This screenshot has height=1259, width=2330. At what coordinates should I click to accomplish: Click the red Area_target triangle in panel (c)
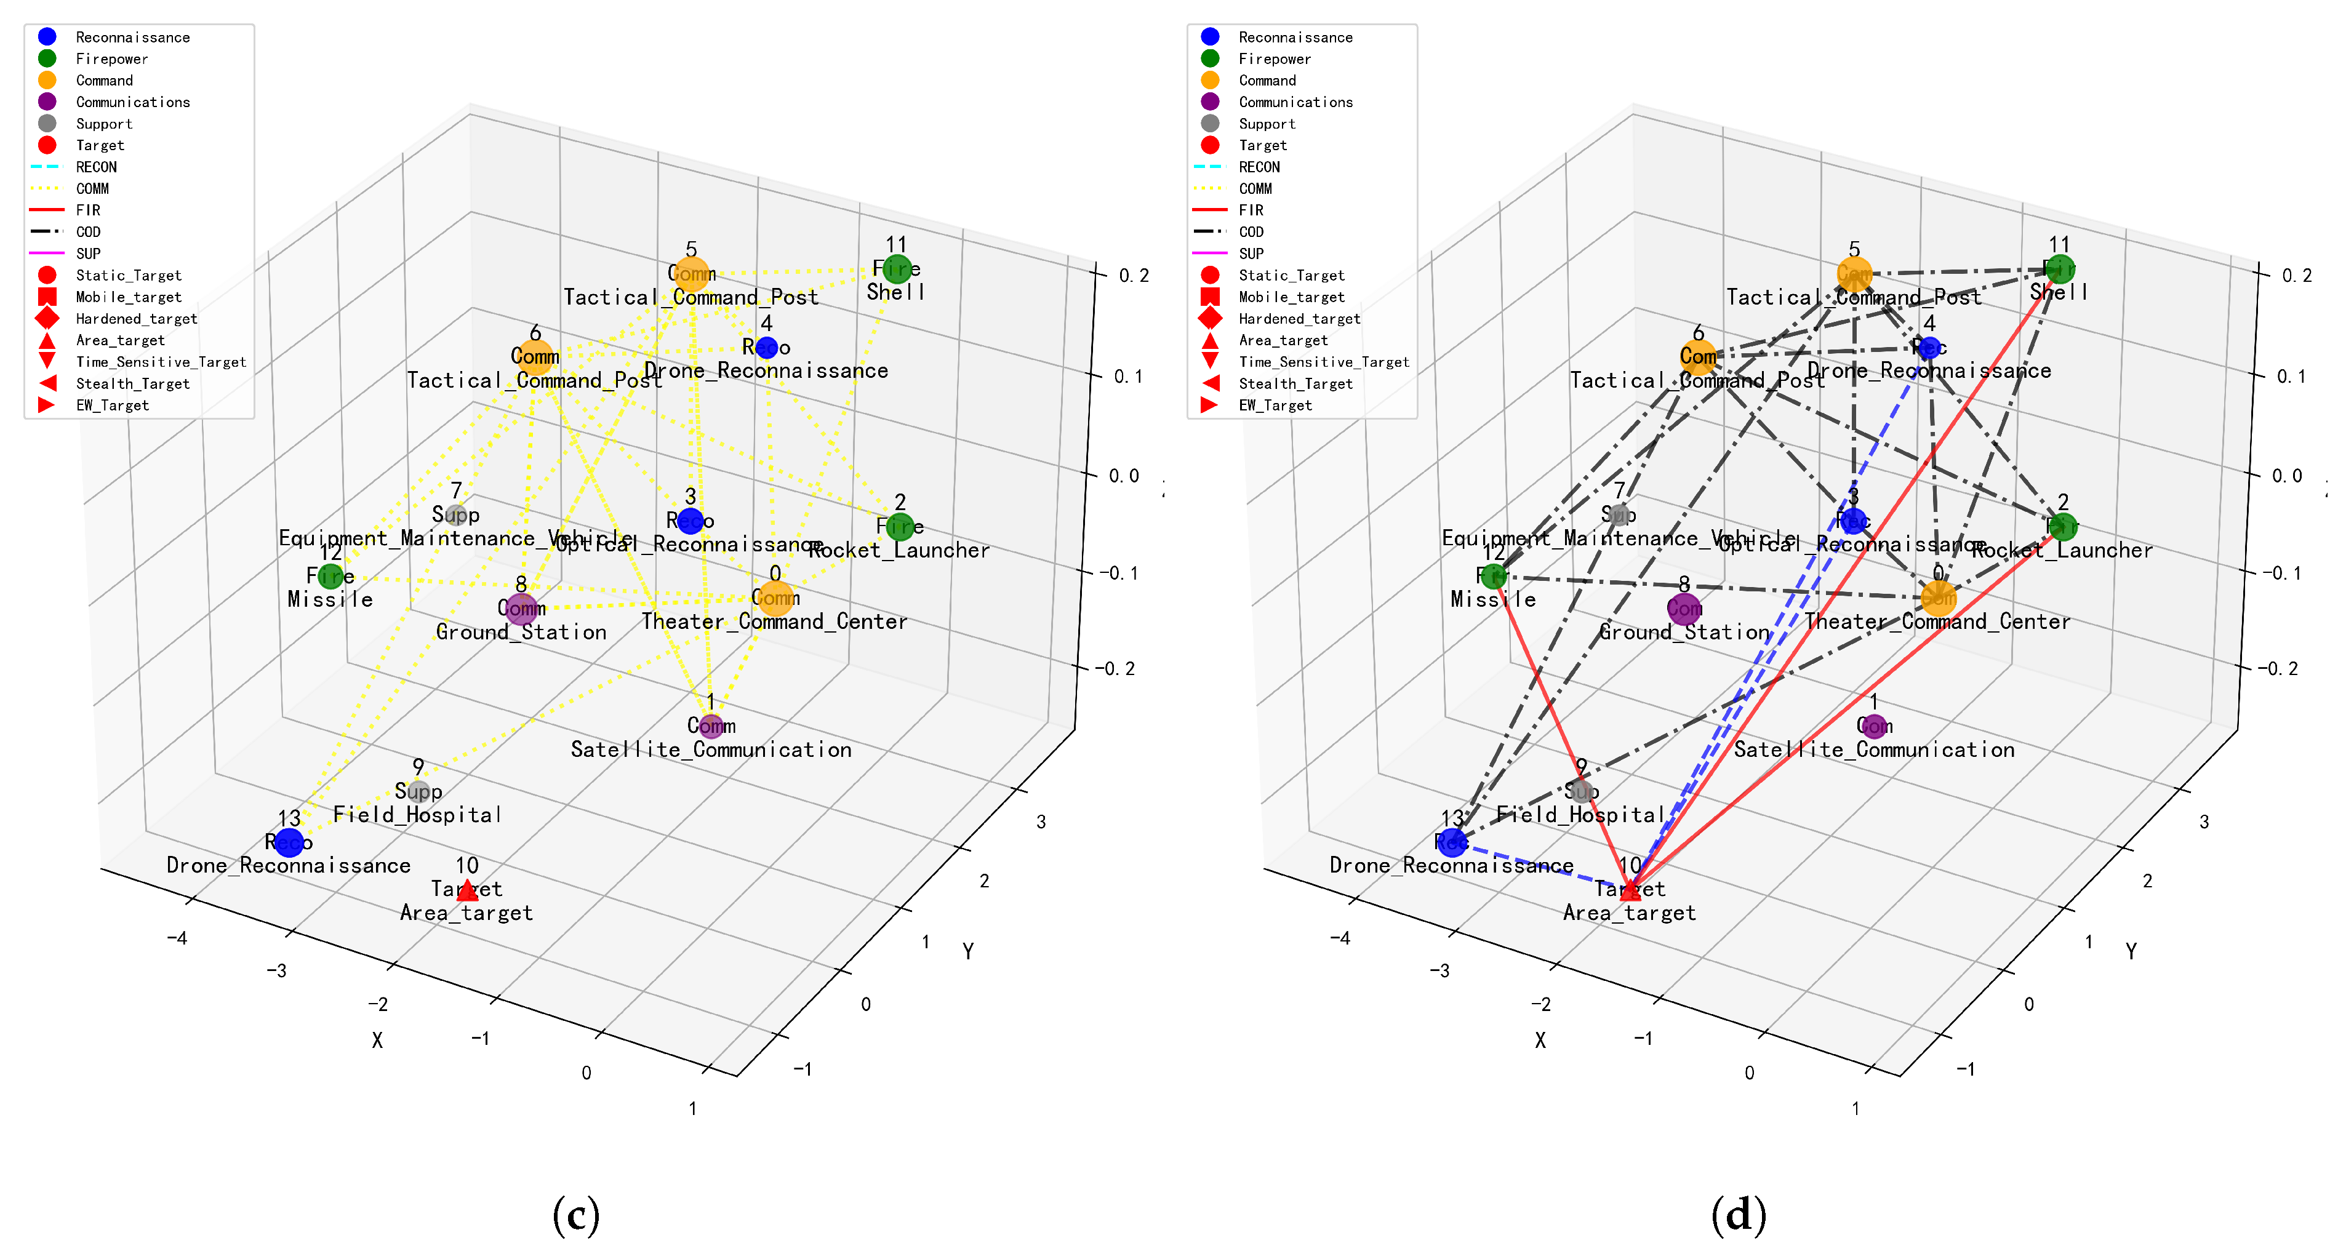click(x=466, y=891)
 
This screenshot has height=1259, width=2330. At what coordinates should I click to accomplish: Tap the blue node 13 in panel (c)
click(x=289, y=842)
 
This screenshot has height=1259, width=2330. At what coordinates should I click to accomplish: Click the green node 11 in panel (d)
click(x=2060, y=269)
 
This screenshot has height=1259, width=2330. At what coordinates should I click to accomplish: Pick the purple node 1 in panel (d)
click(x=1874, y=725)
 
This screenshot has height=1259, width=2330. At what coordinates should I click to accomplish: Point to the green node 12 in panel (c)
click(x=330, y=575)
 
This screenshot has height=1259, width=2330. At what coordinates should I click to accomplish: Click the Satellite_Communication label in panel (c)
click(x=711, y=749)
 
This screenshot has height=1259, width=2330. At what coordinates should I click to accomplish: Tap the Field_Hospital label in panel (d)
click(x=1580, y=815)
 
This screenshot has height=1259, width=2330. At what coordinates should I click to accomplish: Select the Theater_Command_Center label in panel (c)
click(x=774, y=622)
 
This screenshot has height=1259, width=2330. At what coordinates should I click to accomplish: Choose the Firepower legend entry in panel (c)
click(x=111, y=59)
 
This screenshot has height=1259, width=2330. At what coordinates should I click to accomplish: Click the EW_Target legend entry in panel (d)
click(x=1275, y=405)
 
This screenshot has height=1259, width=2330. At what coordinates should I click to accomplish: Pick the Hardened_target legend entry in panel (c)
click(x=135, y=318)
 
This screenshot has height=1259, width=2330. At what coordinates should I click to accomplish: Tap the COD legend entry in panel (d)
click(x=1251, y=231)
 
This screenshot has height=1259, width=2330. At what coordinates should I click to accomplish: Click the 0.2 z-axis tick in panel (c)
click(x=1134, y=275)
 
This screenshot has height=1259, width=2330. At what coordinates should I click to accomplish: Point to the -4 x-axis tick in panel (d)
click(x=1340, y=938)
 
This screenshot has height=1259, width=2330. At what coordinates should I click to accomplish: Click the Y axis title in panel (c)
click(x=968, y=951)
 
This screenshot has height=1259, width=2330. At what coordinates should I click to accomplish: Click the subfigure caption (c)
click(x=576, y=1215)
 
